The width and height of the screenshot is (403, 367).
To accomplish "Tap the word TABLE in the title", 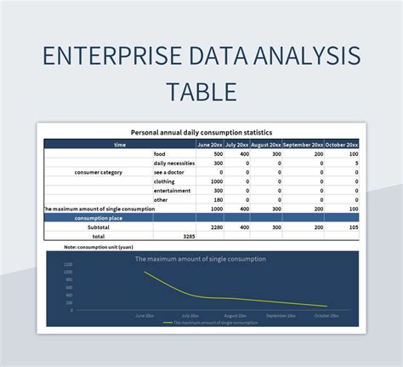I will (x=201, y=91).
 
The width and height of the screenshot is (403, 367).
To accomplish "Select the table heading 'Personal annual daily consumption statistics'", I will (x=201, y=133).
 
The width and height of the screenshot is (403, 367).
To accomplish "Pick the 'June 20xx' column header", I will (x=210, y=144).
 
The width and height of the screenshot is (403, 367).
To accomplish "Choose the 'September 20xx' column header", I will (x=303, y=144).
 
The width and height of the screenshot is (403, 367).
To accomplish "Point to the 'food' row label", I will (x=160, y=153).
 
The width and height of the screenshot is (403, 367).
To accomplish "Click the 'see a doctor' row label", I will (x=169, y=172).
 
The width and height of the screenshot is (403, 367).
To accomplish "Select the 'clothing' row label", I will (x=164, y=181).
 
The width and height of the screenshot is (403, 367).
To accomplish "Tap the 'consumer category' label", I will (x=99, y=172).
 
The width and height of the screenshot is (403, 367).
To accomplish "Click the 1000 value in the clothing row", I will (x=216, y=181).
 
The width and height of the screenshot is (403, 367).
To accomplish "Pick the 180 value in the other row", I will (x=218, y=200).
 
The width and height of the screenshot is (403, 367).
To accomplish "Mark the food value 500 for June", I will (x=218, y=153).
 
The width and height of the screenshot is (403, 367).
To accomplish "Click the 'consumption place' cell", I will (x=99, y=218).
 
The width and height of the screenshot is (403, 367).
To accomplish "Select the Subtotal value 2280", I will (x=216, y=227).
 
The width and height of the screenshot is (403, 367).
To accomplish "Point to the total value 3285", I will (x=189, y=236).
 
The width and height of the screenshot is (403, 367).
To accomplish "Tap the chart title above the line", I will (x=201, y=258).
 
